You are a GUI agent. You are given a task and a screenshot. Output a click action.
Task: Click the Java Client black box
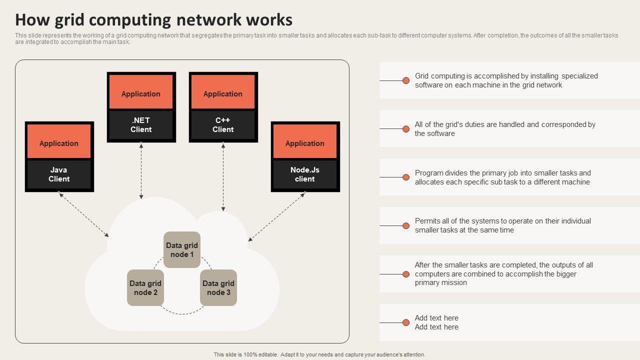coord(59,174)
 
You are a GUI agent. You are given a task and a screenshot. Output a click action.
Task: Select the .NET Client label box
coord(141,125)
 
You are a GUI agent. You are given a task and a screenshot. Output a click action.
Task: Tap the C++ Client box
coord(223,125)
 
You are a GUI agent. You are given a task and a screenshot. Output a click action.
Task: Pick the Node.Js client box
coord(305,174)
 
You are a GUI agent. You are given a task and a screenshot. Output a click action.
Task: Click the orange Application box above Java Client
coord(59,143)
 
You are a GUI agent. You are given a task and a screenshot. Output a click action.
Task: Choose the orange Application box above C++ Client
coord(223,94)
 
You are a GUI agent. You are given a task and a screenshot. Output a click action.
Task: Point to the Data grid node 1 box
coord(182,250)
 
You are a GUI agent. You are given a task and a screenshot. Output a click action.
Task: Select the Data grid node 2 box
coord(145,288)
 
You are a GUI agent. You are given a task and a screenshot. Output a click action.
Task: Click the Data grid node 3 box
coord(218,288)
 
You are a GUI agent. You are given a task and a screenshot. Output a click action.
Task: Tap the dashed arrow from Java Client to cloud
coord(83,214)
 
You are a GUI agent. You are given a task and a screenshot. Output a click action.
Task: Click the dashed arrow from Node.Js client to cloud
coord(277,216)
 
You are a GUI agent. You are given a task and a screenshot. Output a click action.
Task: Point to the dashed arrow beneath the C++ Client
coord(223,176)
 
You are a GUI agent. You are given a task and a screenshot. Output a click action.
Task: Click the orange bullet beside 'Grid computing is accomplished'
coord(406,80)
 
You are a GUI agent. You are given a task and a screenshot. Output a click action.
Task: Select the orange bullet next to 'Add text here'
coord(406,322)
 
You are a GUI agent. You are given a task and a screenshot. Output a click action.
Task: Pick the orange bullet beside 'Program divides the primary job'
coord(406,177)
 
